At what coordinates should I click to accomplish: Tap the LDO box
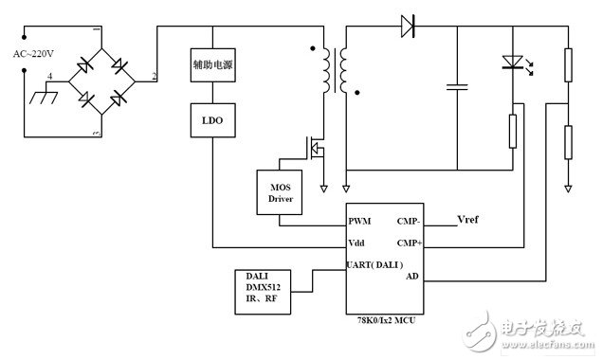210,120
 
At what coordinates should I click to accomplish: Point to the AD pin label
411,277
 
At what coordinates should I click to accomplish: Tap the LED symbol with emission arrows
513,64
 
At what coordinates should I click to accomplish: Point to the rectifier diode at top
410,26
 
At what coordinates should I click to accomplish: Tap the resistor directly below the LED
513,132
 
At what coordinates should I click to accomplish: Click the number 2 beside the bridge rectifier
155,75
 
